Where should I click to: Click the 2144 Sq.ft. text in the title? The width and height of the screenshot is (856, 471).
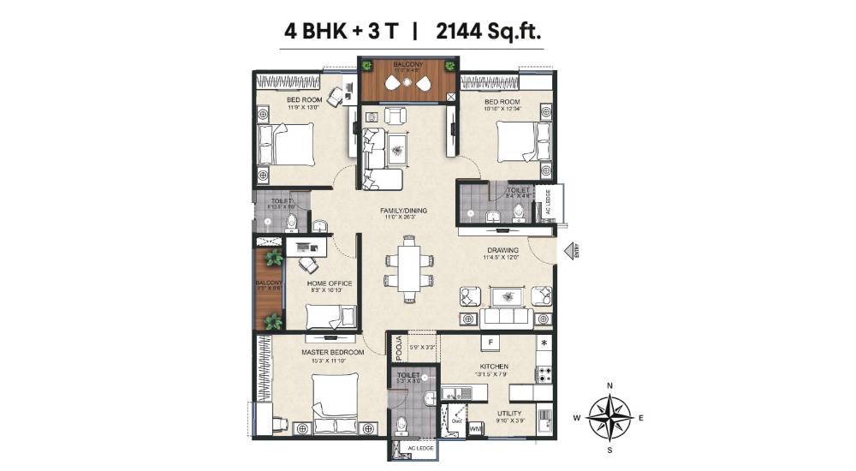489,32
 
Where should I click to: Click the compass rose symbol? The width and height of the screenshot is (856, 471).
609,417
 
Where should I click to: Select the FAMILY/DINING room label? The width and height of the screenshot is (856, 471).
404,211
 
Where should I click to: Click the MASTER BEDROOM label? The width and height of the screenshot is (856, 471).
332,352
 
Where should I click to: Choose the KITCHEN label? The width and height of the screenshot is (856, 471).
494,367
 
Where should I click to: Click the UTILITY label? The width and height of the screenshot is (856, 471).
511,414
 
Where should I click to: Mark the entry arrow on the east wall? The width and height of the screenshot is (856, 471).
569,251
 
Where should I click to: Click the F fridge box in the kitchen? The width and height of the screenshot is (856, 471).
491,343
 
